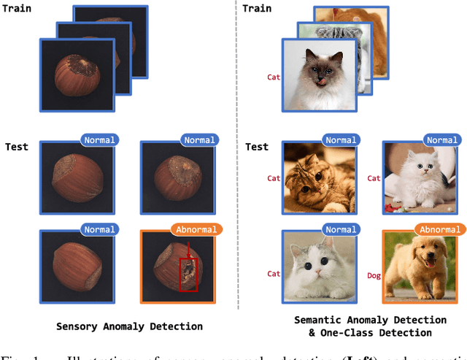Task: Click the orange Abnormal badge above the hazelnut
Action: (196, 229)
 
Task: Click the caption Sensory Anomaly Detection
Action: (129, 326)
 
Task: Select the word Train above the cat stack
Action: (256, 9)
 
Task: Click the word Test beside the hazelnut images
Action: (16, 147)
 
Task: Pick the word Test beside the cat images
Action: (257, 147)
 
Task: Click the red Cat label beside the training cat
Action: (274, 74)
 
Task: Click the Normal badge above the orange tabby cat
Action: (341, 140)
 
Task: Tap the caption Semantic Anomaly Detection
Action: (370, 320)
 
